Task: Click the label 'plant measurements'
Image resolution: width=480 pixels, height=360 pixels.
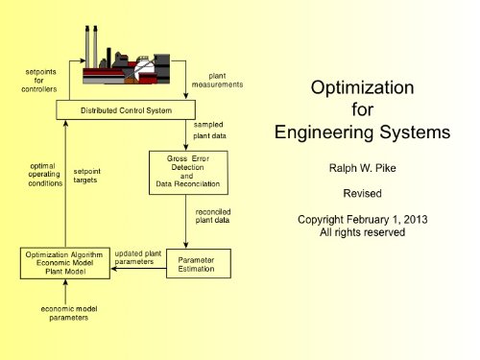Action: (226, 81)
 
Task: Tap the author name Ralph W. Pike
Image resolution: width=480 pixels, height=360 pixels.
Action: (363, 168)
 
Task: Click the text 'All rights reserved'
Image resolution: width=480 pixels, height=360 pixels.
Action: (363, 233)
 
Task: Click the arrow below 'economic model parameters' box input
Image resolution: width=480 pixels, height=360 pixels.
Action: (65, 293)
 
